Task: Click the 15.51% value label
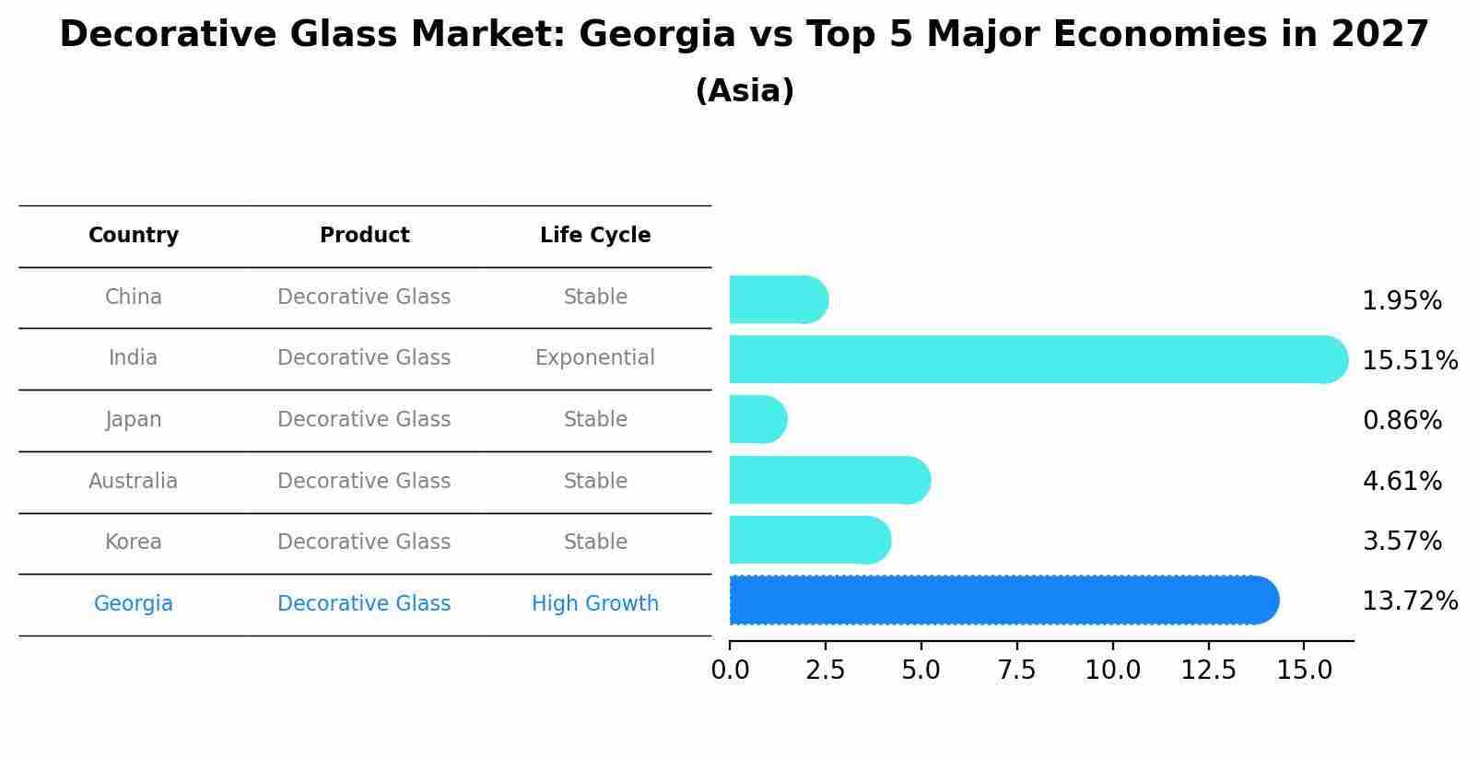point(1409,361)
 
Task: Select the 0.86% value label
point(1402,421)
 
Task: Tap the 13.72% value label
point(1409,601)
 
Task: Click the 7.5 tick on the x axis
point(1016,671)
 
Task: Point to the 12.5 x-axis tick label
point(1208,671)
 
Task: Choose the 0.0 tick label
point(730,671)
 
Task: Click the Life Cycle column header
point(595,236)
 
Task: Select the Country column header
point(134,236)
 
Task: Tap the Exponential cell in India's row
point(595,358)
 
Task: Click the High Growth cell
point(595,604)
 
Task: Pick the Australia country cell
point(134,481)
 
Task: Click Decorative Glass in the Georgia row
point(364,604)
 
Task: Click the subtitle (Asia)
point(745,91)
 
